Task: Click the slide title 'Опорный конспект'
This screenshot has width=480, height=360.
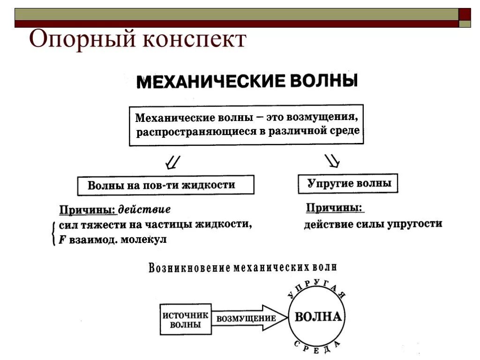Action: (x=137, y=40)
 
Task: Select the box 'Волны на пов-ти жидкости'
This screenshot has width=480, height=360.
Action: (x=165, y=185)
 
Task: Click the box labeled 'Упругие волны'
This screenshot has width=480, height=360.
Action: (x=348, y=183)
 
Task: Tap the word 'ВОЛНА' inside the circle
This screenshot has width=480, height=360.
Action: (x=318, y=316)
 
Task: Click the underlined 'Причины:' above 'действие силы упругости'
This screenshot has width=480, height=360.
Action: (x=335, y=208)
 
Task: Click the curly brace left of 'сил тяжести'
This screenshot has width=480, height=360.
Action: (x=54, y=232)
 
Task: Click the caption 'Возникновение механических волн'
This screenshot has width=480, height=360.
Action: (x=242, y=268)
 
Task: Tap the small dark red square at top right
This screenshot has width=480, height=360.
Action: (x=465, y=14)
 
